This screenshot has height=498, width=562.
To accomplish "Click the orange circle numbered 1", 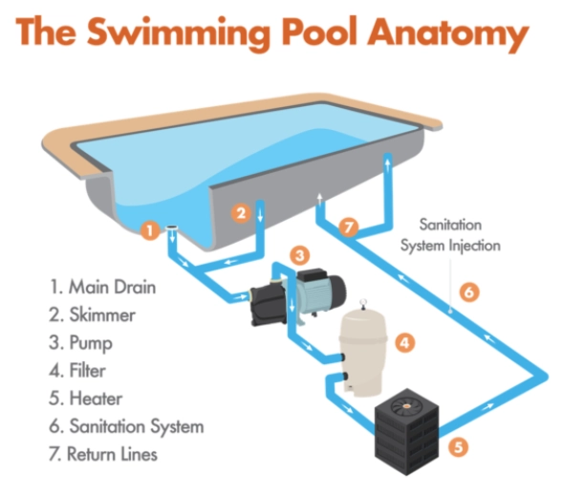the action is point(150,230).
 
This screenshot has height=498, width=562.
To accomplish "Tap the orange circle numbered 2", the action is point(241,213).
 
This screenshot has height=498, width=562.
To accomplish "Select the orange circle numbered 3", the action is point(300,255).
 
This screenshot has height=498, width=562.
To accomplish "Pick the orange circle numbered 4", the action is point(405,343).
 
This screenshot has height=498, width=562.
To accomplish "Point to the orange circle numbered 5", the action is point(459,447).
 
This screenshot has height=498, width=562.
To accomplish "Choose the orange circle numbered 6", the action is point(469,292).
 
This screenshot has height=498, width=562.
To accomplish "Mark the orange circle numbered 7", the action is point(348,227).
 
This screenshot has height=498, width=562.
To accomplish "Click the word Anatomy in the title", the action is point(448,33).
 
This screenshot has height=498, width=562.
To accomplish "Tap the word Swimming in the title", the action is point(178,33).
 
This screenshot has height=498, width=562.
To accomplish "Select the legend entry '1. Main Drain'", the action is point(102,287).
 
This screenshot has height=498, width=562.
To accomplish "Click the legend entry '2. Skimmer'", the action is point(92,314).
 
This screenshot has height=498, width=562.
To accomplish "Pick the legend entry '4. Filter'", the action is point(77,370).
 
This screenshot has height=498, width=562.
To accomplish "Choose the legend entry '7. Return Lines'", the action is point(103,454).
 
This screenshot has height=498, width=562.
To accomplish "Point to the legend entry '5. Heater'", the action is point(86,399).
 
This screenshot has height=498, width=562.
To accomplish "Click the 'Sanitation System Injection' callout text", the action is point(450,235).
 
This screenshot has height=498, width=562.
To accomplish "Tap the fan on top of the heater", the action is point(407,406).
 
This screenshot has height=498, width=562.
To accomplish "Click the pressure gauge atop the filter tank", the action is point(363,302).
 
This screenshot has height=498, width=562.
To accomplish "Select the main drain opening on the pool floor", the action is point(172,227).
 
